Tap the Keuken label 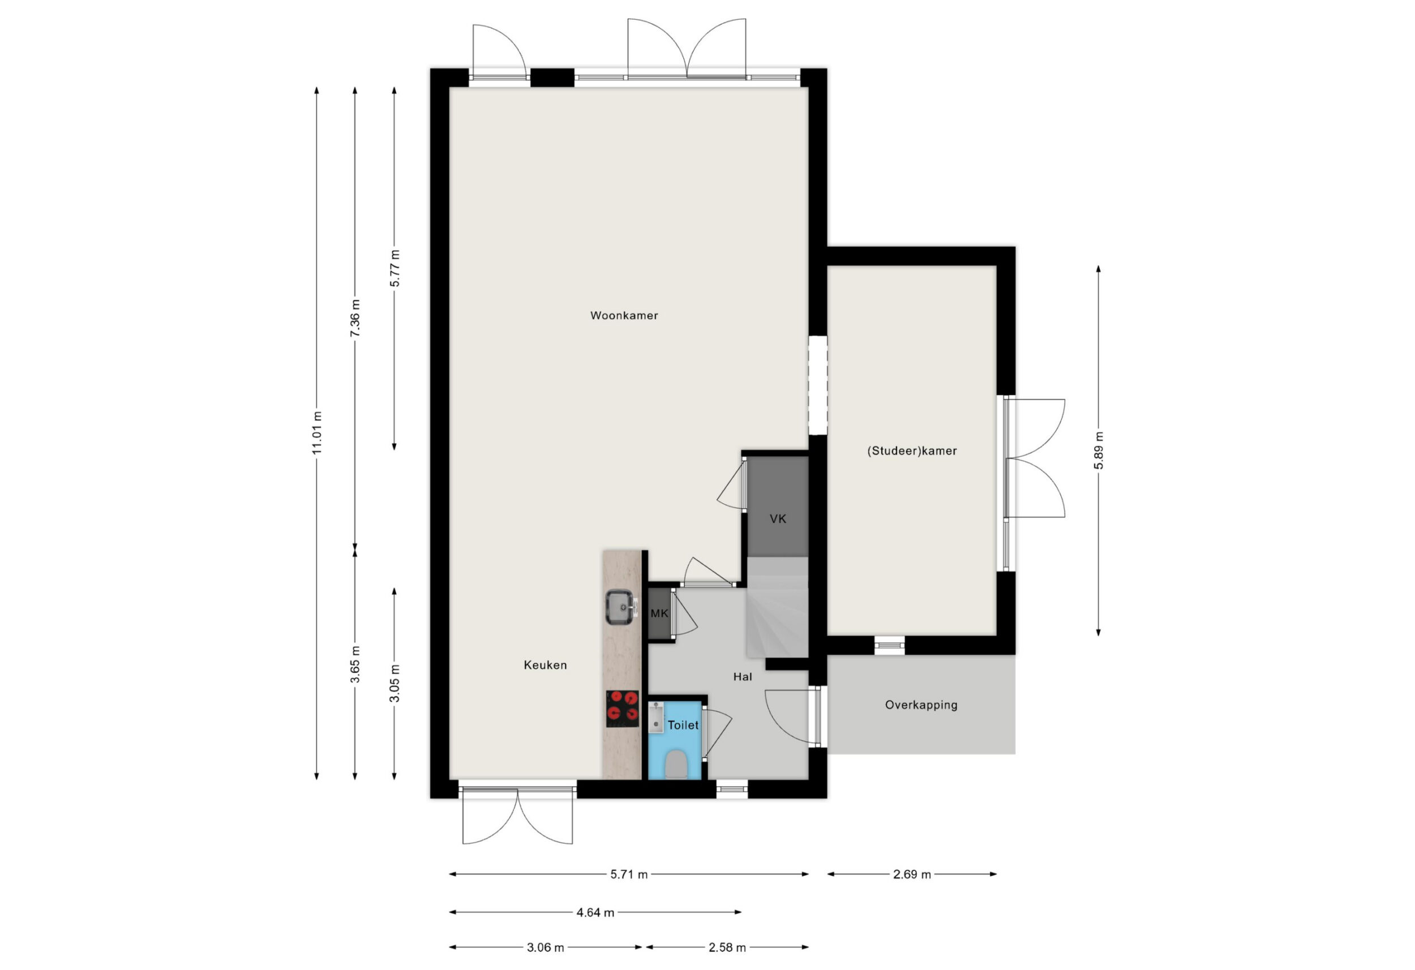click(x=545, y=665)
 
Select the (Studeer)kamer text click(x=911, y=451)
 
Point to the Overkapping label click(x=921, y=705)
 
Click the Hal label click(x=743, y=676)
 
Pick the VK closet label click(x=778, y=519)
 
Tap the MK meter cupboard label click(x=659, y=613)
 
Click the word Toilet click(x=683, y=725)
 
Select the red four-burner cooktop click(x=622, y=708)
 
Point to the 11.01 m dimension click(x=316, y=433)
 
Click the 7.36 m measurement click(x=355, y=318)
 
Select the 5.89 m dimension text click(x=1099, y=450)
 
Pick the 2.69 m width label click(x=912, y=874)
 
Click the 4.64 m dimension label click(x=595, y=912)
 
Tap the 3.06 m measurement click(x=545, y=947)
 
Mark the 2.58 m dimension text click(x=727, y=947)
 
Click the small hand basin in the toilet click(x=656, y=717)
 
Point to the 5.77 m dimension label click(x=395, y=268)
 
